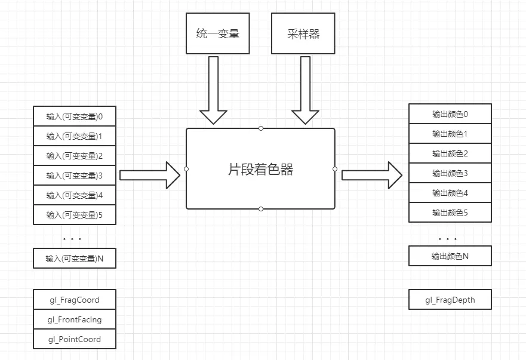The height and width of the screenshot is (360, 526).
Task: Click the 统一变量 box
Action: point(218,34)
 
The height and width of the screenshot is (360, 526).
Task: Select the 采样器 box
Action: point(303,34)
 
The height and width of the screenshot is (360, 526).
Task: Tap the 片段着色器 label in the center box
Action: point(260,170)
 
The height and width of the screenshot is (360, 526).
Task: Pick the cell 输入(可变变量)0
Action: point(75,116)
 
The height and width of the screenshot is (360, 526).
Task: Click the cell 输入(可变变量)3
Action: point(75,176)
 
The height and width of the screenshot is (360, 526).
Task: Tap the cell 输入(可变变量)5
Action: point(75,215)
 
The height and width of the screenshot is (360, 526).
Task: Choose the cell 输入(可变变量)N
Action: point(75,259)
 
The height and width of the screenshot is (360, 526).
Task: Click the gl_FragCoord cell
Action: point(75,300)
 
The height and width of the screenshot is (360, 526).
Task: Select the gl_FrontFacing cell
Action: point(75,319)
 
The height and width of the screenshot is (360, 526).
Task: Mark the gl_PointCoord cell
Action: point(75,339)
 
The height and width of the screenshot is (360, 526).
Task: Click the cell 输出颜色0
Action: point(450,114)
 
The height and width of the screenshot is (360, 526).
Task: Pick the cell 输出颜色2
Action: point(450,153)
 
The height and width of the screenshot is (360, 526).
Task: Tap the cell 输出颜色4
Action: point(450,193)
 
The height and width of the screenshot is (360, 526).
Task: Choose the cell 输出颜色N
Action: point(450,256)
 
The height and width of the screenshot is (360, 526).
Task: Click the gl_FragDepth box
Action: point(450,300)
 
